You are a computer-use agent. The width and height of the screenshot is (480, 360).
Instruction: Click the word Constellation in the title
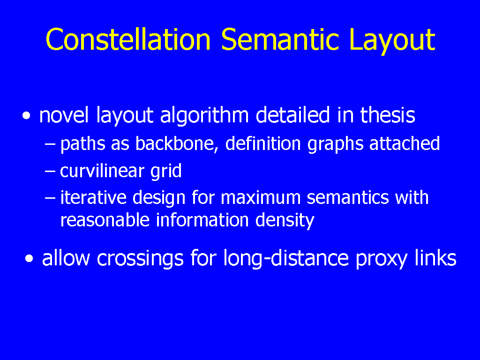128,39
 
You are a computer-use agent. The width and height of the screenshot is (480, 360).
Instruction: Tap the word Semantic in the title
280,39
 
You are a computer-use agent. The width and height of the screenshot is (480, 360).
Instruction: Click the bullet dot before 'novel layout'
27,116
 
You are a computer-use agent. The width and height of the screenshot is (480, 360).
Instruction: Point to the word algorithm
204,116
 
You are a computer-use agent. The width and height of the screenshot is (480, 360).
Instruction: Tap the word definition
263,143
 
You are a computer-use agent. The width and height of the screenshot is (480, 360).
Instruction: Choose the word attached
405,143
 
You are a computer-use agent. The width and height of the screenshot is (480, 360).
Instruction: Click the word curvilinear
102,170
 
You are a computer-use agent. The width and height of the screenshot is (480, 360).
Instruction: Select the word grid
166,172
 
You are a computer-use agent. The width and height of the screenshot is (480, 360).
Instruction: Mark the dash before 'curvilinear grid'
50,171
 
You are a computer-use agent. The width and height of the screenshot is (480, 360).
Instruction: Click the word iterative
93,197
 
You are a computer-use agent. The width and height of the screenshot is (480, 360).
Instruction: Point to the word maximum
261,198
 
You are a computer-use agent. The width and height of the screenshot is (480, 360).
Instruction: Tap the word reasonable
105,220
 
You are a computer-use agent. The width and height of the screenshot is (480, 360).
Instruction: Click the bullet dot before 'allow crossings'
30,259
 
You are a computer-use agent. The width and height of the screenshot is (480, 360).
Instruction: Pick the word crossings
140,259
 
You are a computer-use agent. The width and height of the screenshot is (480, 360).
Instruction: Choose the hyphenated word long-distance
286,259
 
